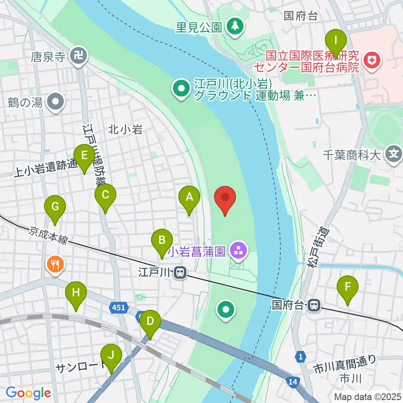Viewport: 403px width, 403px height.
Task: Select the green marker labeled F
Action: click(x=348, y=287)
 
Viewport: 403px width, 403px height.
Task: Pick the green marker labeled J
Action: click(x=111, y=355)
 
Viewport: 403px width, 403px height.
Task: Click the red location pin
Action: click(x=225, y=198)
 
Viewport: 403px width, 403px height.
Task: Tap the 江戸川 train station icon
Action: click(x=181, y=273)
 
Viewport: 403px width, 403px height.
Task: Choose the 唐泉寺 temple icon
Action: click(x=78, y=56)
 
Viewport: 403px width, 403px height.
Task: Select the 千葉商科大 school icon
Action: click(x=393, y=155)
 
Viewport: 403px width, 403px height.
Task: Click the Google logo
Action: click(x=28, y=393)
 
